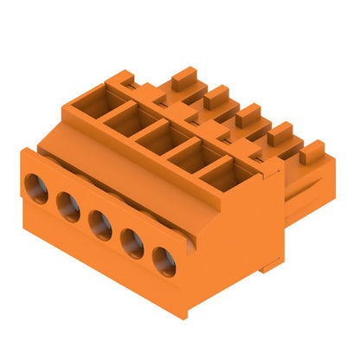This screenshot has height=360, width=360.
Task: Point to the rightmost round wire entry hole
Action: coord(164,260)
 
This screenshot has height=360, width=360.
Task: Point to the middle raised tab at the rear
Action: coord(248,114)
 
